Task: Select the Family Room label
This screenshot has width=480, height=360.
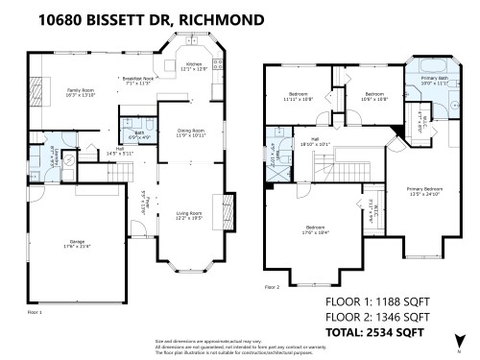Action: click(80, 93)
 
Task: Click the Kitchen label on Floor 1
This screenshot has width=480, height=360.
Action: click(194, 66)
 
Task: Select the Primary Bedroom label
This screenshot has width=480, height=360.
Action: click(423, 191)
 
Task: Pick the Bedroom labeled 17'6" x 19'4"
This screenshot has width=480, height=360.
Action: click(308, 229)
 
